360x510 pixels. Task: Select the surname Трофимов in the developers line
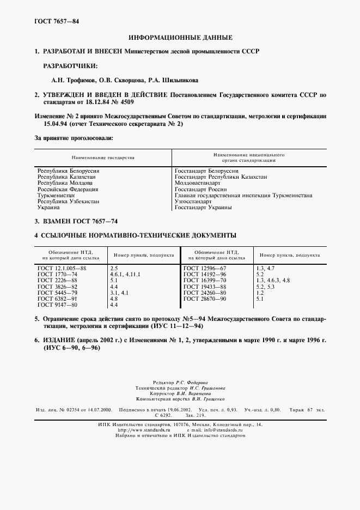coord(68,80)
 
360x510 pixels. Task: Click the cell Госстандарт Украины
coord(203,208)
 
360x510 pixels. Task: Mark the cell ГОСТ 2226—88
coord(57,281)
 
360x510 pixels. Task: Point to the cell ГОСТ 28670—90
coord(205,299)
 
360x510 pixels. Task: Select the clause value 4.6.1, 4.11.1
coord(125,275)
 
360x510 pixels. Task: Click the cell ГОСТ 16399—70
coord(205,281)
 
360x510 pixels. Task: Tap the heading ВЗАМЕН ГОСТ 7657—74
coord(76,221)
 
